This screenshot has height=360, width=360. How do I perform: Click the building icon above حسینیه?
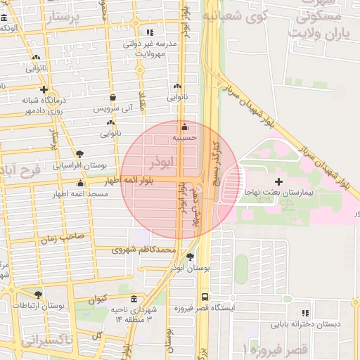[x=184, y=127]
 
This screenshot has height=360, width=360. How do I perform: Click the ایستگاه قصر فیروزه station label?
[x=204, y=308]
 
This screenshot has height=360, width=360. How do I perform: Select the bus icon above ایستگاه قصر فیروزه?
[x=204, y=297]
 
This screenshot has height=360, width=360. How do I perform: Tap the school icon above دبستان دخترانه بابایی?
[x=304, y=313]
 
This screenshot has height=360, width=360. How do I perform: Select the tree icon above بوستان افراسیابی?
[x=79, y=153]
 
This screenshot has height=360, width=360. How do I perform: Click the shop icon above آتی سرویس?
[x=112, y=98]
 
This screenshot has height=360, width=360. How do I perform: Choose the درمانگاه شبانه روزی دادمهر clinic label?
[x=41, y=105]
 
